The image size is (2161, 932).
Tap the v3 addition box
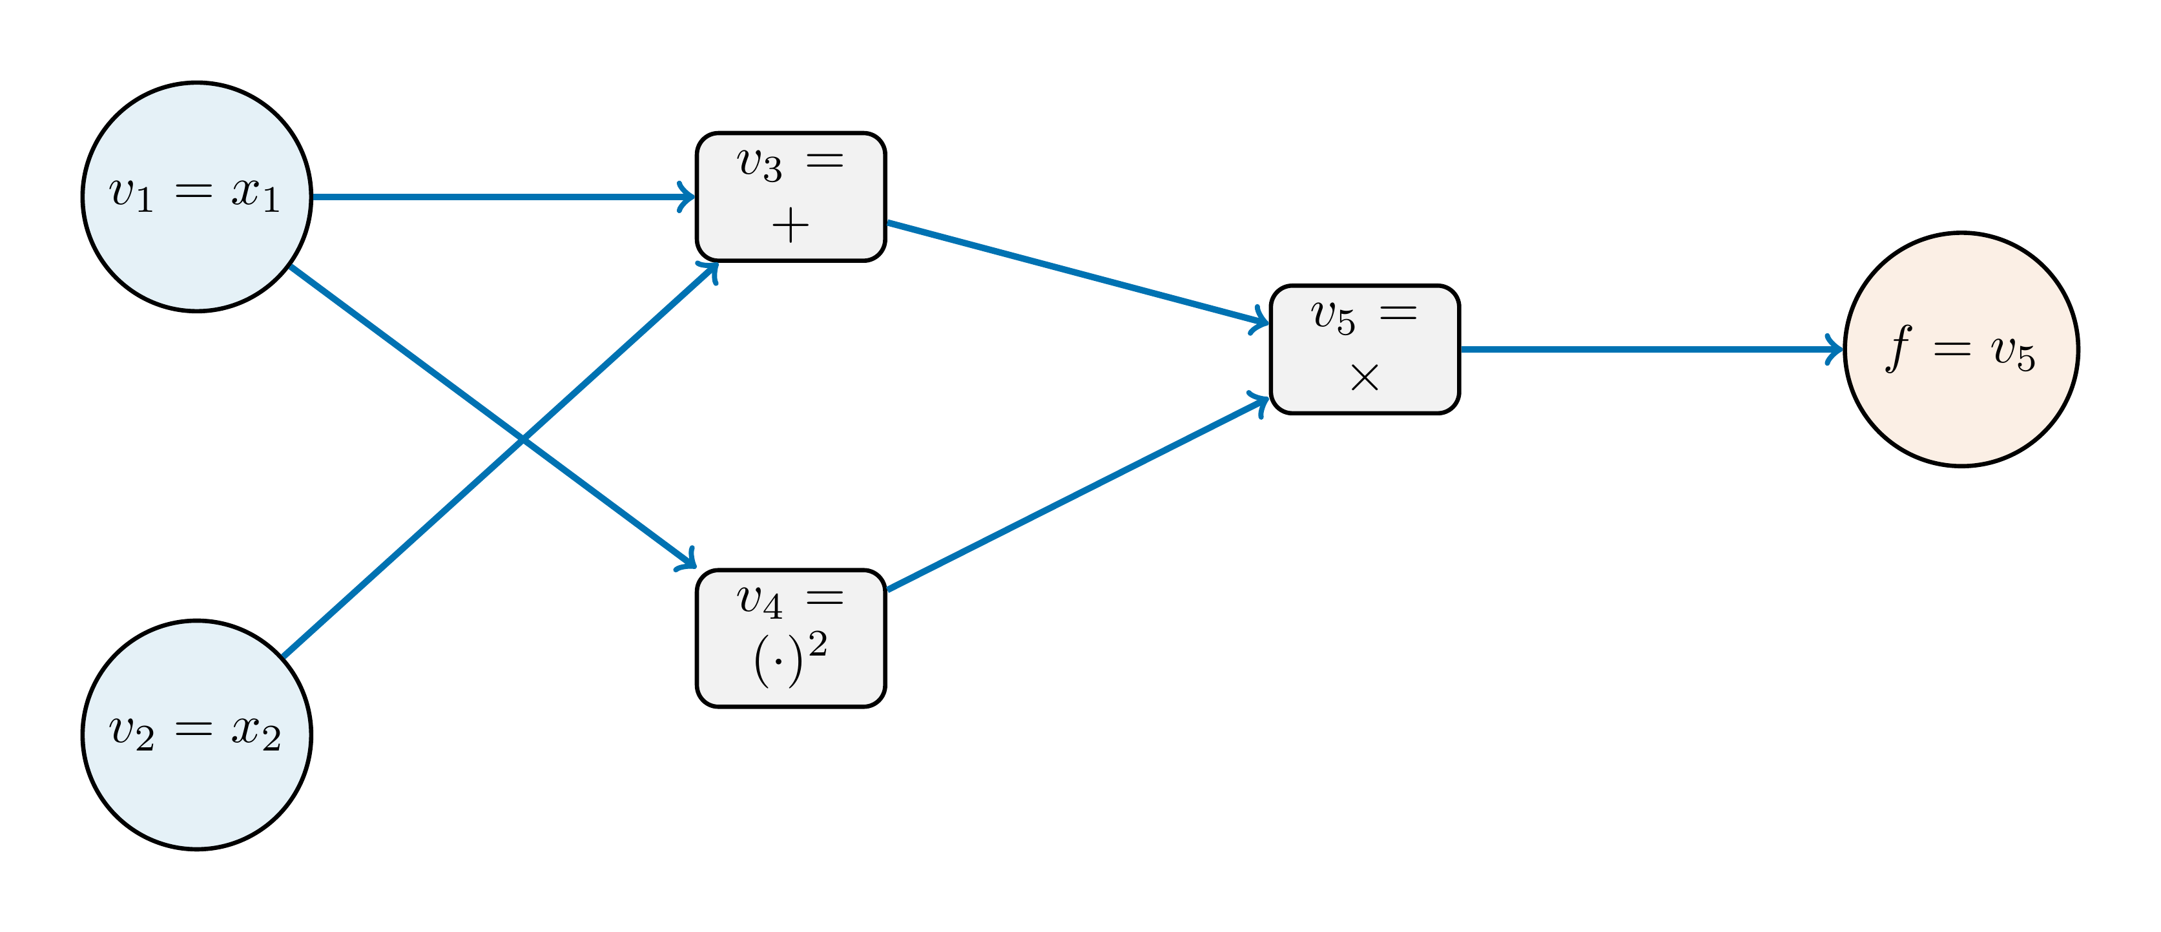click(791, 196)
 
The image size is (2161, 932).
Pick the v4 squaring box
click(791, 638)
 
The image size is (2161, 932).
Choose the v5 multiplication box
click(1364, 349)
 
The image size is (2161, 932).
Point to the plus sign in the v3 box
click(791, 225)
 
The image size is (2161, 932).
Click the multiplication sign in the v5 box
click(1365, 377)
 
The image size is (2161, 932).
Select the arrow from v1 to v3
click(503, 197)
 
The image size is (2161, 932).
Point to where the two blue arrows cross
click(522, 439)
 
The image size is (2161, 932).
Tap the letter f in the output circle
click(1898, 348)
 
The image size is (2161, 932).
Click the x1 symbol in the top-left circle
click(255, 194)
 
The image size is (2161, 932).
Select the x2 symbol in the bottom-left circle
click(255, 732)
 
